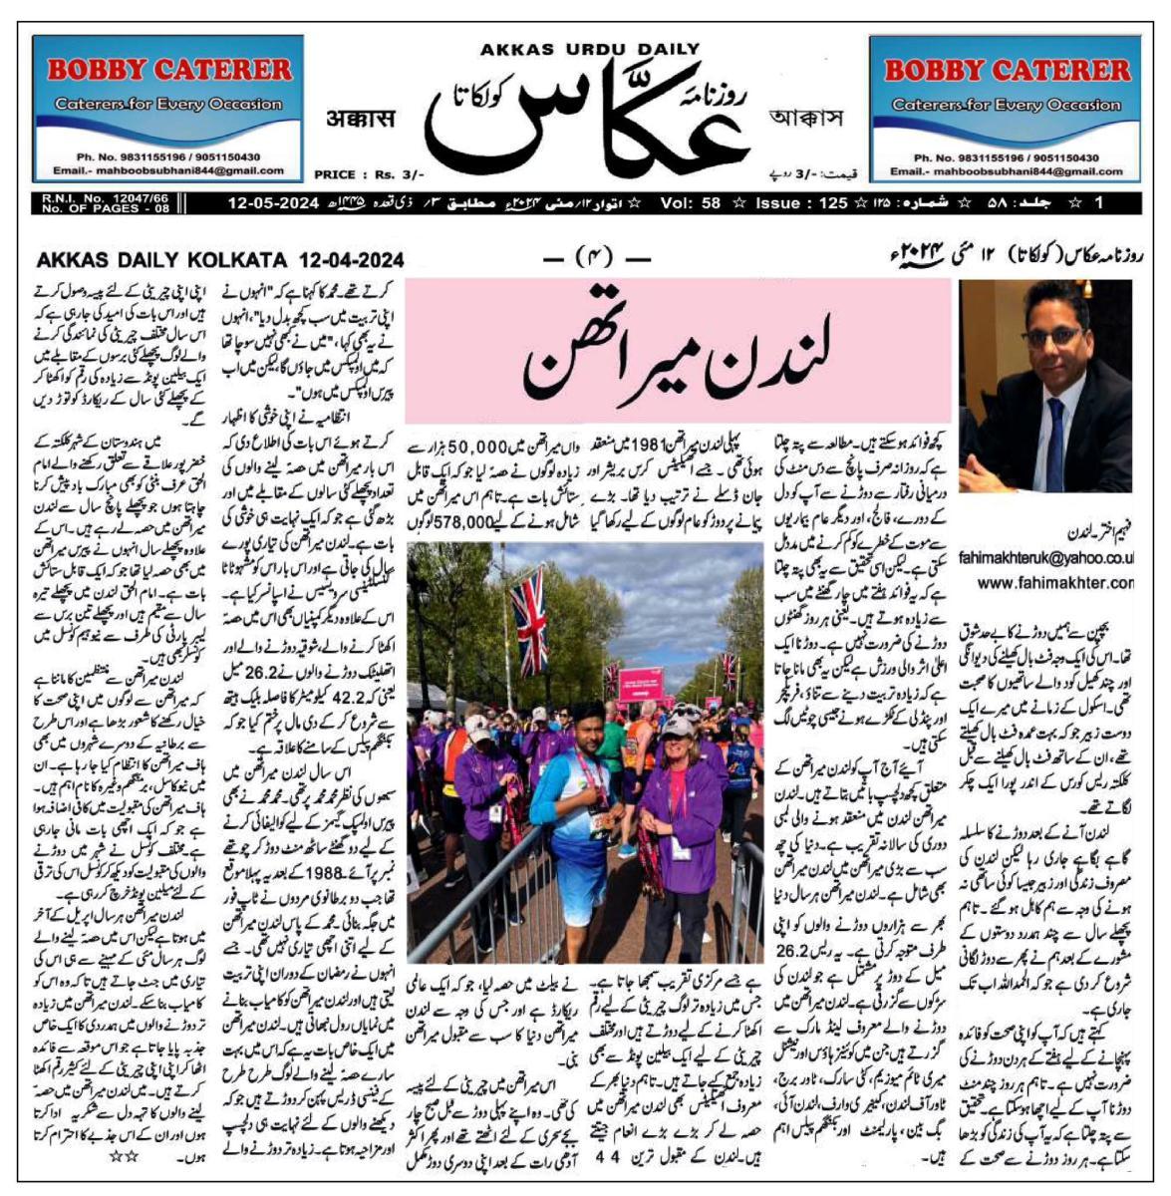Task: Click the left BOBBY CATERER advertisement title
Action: (x=169, y=70)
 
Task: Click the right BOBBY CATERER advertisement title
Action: (x=1007, y=71)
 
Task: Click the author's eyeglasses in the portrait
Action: (x=1052, y=336)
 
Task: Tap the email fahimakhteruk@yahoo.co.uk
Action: (x=1045, y=560)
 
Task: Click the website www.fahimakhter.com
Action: (x=1054, y=582)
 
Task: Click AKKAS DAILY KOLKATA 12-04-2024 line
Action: (x=220, y=260)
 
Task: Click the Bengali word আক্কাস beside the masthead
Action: (x=806, y=118)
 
